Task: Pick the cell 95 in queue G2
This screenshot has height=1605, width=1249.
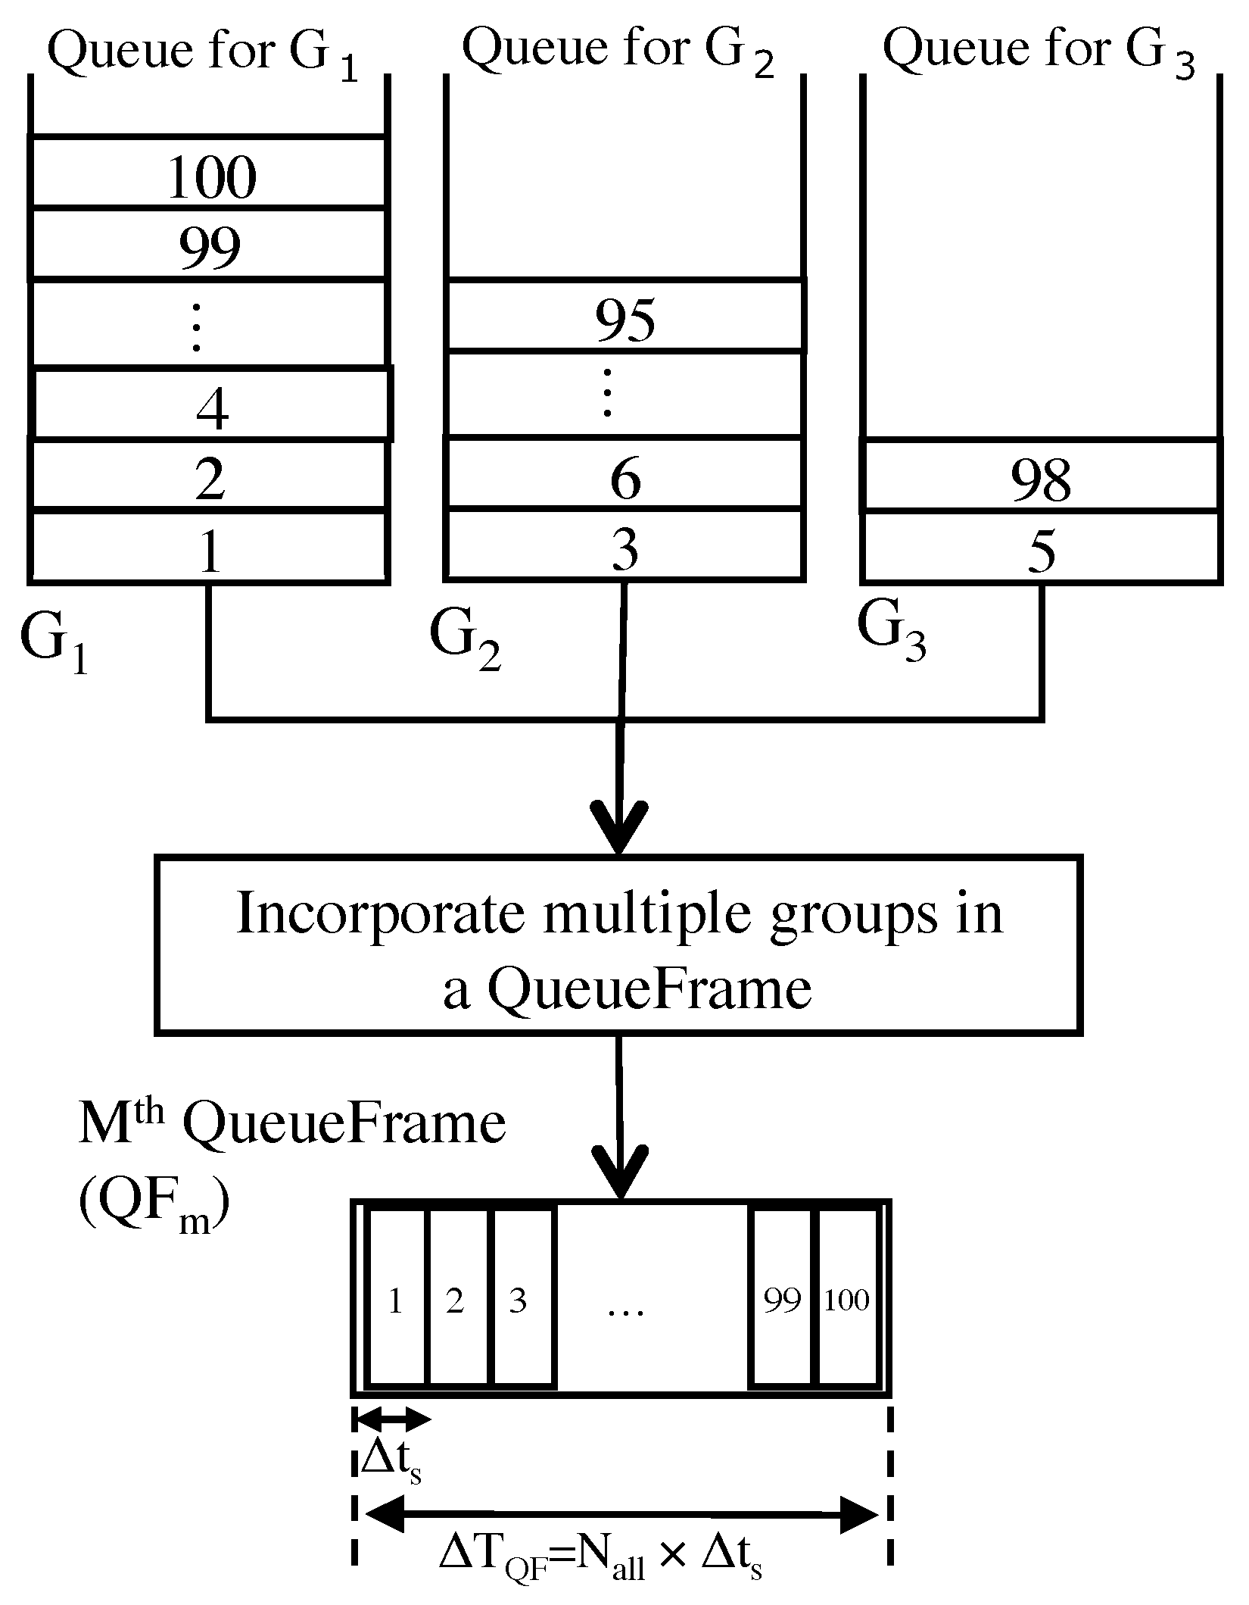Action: (624, 317)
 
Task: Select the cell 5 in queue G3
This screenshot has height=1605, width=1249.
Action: (1041, 548)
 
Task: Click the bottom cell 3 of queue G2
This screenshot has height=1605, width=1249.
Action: (624, 547)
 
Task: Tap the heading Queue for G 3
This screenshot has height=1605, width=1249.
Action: (1037, 52)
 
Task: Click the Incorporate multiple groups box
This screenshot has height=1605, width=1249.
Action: (618, 946)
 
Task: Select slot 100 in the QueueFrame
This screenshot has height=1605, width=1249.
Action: (846, 1301)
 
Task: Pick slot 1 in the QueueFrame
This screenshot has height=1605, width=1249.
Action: (394, 1301)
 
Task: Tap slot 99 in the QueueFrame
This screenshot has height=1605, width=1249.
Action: (781, 1301)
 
